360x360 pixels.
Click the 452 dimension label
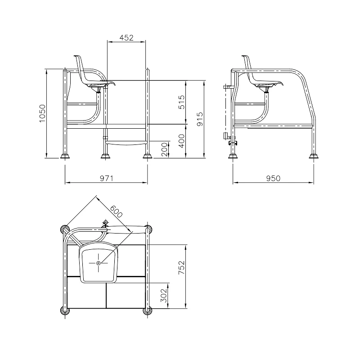pos(126,38)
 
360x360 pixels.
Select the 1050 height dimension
pos(42,113)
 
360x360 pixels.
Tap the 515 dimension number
pos(181,102)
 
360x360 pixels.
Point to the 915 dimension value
pos(200,119)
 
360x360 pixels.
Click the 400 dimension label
pos(181,141)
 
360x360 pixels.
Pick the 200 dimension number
pos(164,149)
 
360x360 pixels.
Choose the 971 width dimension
pos(107,178)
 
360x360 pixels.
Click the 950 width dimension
pos(273,178)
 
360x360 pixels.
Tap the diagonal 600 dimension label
pos(116,211)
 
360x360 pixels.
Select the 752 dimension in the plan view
pos(181,267)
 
